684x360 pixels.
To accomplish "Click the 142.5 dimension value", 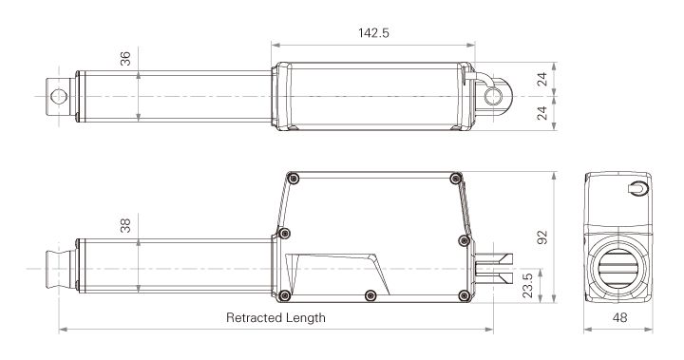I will coord(372,31).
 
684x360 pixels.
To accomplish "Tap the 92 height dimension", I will coord(542,237).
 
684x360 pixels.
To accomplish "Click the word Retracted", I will coord(256,318).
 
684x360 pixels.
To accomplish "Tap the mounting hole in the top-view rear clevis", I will coord(491,97).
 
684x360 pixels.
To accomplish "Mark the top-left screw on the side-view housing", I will coord(294,179).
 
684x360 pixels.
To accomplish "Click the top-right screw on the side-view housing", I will coord(456,179).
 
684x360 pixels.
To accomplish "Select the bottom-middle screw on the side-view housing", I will coord(370,295).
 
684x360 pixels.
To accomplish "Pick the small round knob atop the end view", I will coord(639,189).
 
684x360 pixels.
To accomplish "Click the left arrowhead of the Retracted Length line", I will coord(62,331).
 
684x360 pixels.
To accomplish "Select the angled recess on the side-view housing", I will coord(342,271).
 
